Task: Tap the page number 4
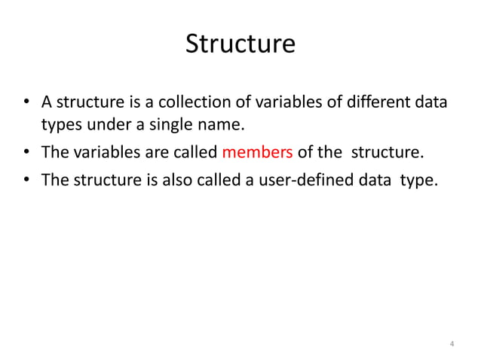[x=451, y=345]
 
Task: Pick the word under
[x=97, y=124]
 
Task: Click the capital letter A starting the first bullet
[x=46, y=102]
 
